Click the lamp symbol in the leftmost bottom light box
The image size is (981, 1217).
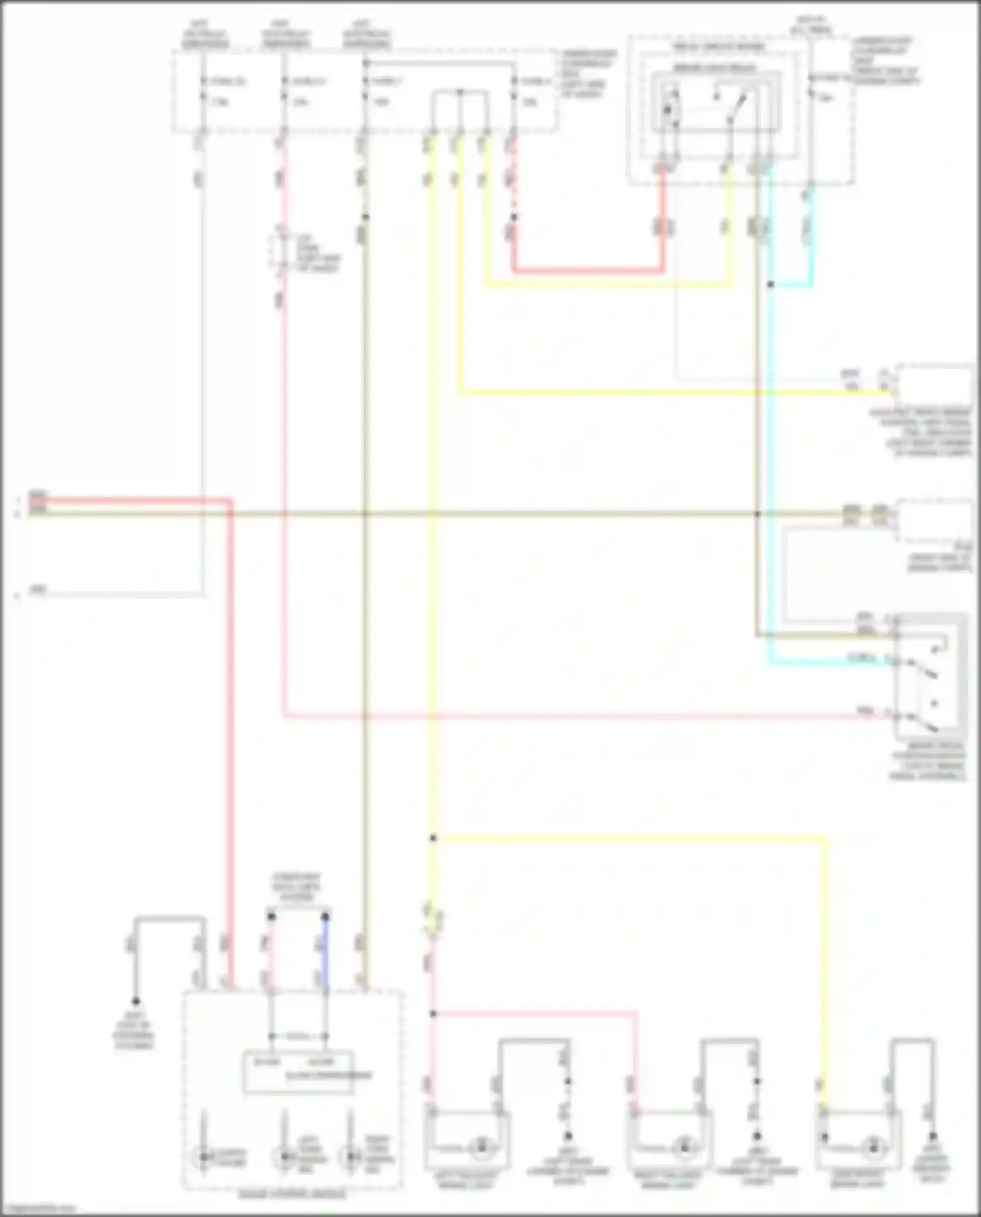482,1146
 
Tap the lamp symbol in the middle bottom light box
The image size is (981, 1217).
685,1146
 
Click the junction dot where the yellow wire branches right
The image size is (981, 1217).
433,838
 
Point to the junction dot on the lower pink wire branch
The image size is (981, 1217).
433,1014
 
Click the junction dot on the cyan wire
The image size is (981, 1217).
771,284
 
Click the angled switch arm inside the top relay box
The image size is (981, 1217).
739,105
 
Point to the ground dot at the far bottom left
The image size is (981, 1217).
135,1001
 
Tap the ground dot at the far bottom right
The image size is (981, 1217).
933,1137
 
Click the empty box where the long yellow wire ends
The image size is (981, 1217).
934,385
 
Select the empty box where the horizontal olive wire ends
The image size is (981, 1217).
934,521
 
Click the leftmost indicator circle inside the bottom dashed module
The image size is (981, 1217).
203,1157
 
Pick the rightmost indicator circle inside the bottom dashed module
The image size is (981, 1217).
351,1157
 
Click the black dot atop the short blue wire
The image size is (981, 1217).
325,917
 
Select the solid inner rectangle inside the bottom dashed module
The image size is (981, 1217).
299,1072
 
